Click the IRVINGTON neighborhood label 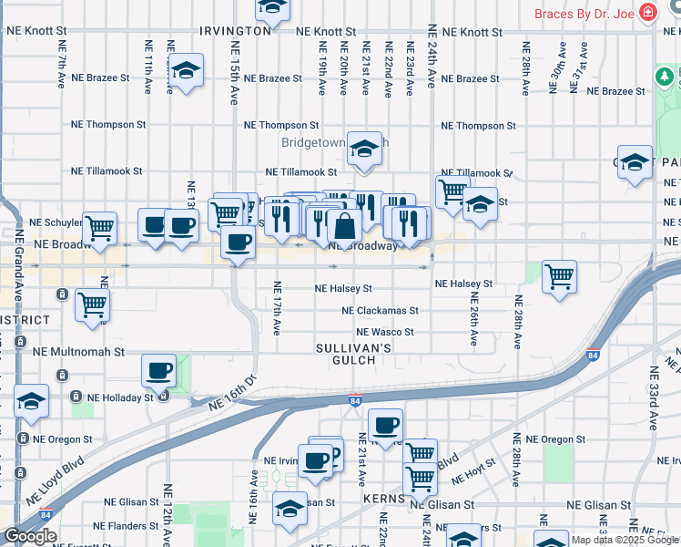(x=236, y=30)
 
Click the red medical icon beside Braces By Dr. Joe (x=647, y=13)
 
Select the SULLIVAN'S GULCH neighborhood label (x=354, y=355)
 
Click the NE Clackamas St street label (x=380, y=311)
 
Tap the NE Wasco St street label (x=384, y=333)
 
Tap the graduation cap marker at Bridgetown (x=364, y=149)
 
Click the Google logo (x=30, y=536)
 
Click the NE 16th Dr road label (x=232, y=391)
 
